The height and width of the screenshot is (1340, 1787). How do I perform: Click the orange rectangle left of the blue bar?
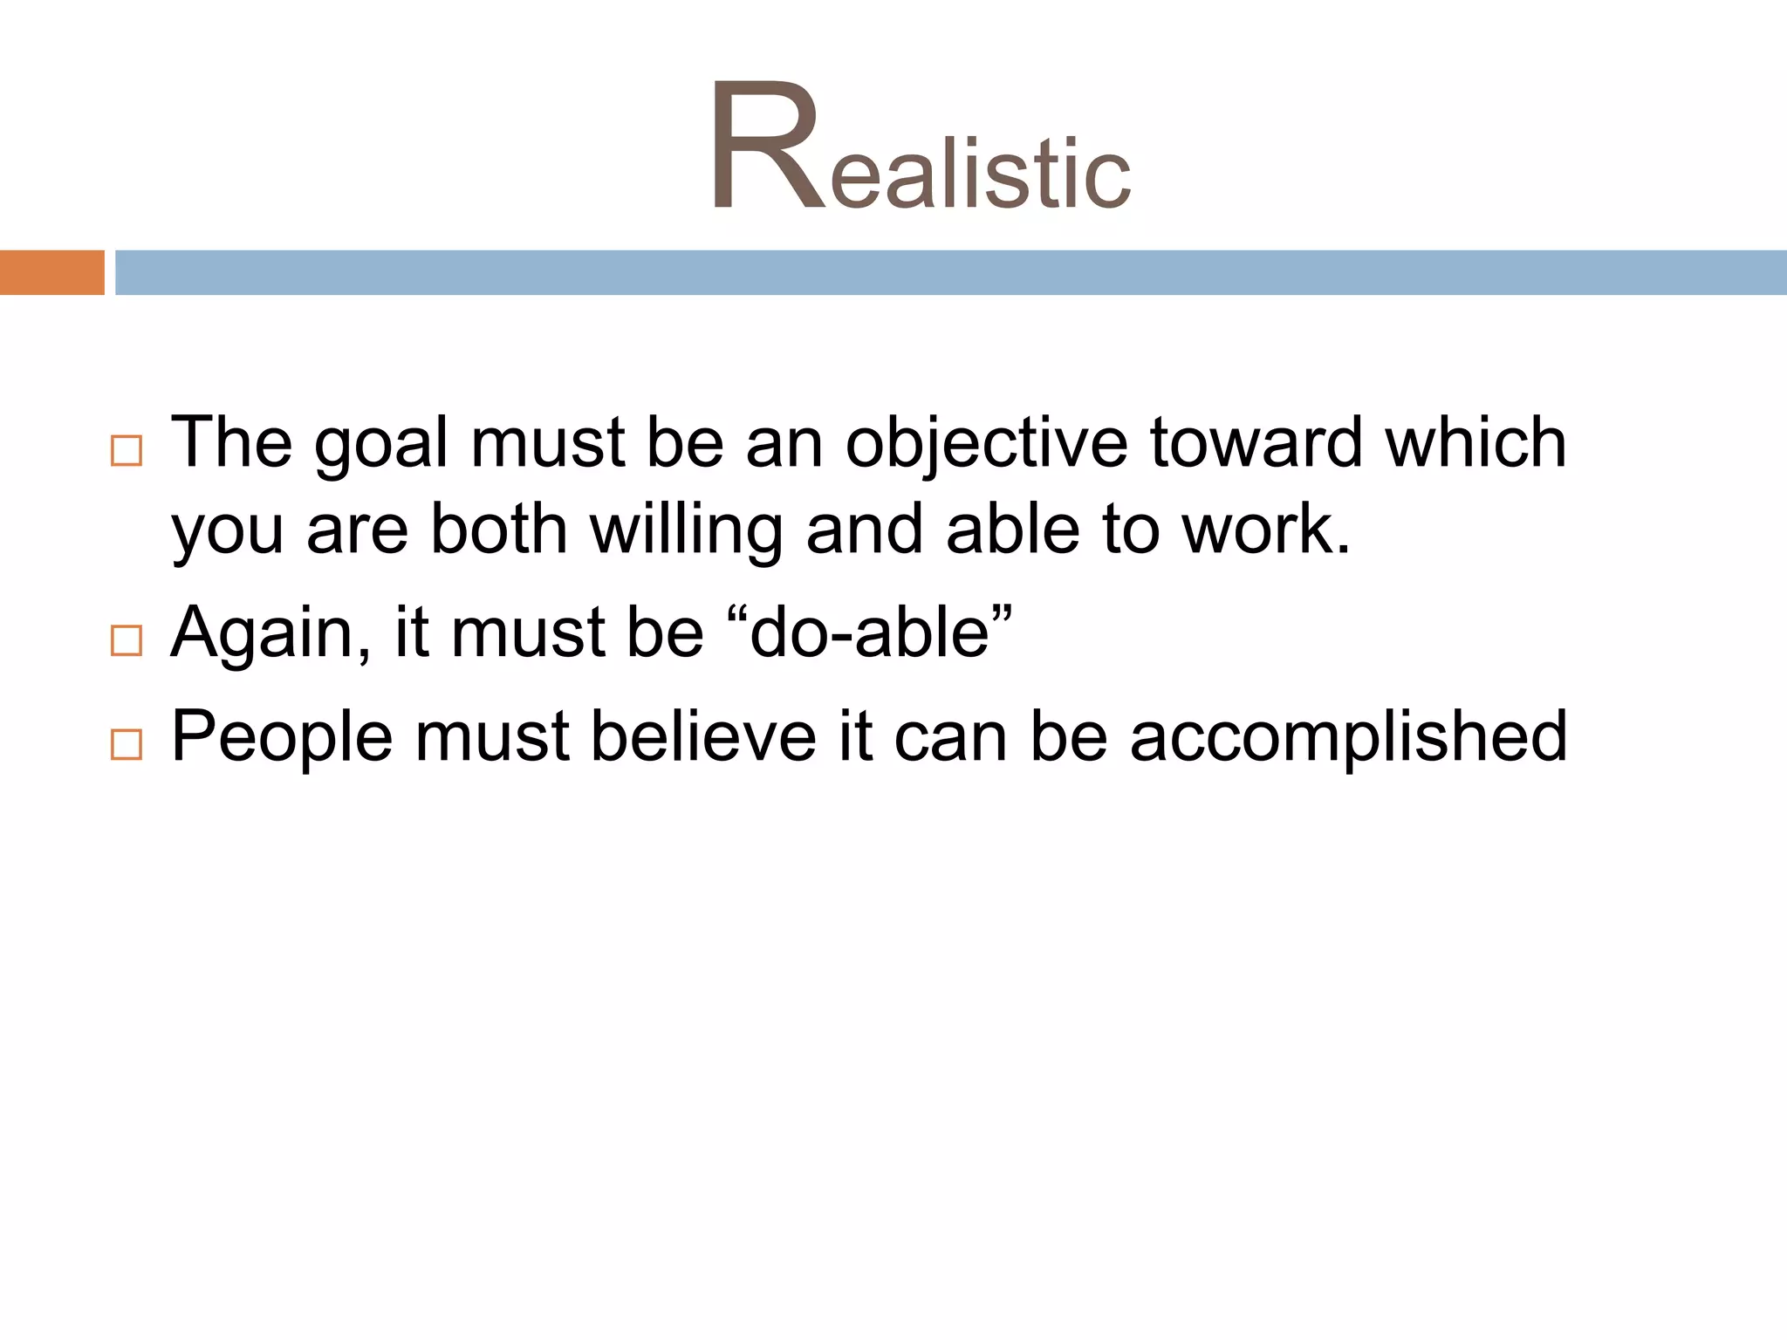(51, 272)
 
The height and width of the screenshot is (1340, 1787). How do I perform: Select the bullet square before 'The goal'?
(127, 451)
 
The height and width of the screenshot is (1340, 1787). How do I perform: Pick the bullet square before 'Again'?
(127, 640)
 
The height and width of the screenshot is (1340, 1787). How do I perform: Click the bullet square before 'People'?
(127, 744)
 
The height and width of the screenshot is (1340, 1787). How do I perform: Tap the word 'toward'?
(1255, 443)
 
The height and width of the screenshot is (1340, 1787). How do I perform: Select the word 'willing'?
(686, 532)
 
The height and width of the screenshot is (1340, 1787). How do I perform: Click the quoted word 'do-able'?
(869, 633)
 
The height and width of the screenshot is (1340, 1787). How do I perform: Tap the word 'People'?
(282, 738)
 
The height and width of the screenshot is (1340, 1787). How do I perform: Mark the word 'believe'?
(703, 736)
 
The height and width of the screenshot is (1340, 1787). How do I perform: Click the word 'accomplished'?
(1348, 738)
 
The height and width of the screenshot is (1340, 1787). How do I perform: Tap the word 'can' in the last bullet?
(950, 738)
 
